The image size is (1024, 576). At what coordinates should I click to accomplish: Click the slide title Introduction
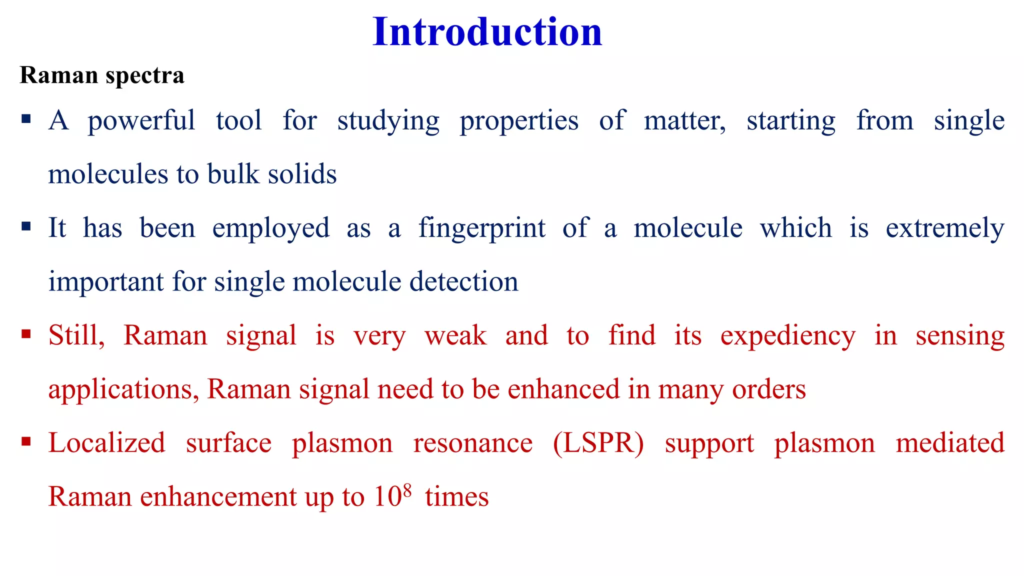487,32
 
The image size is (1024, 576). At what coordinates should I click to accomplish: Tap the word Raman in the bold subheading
58,75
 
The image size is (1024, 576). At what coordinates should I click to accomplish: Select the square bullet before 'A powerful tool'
26,119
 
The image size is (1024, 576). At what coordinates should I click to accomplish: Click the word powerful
141,121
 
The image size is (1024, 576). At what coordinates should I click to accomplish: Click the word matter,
684,121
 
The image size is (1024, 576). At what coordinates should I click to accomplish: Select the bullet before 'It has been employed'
26,227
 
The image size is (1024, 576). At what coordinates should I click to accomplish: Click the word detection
463,281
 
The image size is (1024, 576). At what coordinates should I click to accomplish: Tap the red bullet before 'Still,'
26,334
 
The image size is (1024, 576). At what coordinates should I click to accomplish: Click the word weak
455,335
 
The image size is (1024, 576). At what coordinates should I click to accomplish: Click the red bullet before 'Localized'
26,441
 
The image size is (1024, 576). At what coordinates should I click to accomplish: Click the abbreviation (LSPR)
598,443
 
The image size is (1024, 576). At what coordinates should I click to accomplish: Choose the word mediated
949,443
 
